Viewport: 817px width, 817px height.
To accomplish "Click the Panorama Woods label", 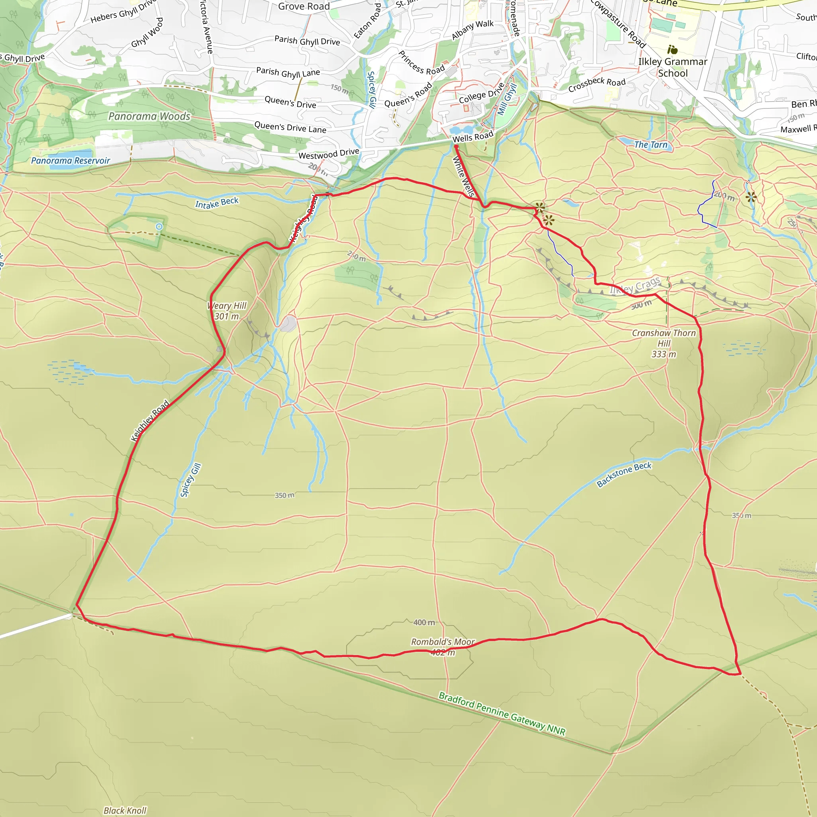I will coord(149,116).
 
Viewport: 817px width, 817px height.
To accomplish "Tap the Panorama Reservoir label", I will coord(71,161).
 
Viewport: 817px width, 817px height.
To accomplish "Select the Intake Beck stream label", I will coord(217,203).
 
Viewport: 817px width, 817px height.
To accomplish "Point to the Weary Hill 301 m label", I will coord(227,311).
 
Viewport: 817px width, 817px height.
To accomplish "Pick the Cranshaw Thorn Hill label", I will coord(663,343).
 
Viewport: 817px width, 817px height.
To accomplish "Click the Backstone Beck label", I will coord(624,474).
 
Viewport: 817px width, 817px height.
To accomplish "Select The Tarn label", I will coord(651,145).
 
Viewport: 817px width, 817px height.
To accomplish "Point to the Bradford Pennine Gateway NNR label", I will coord(502,713).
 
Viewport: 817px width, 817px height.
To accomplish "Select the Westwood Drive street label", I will coord(329,154).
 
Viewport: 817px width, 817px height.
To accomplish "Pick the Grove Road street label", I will coord(304,6).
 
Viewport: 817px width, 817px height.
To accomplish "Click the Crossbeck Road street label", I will coord(597,85).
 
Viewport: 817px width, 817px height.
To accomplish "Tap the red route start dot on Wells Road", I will coord(456,147).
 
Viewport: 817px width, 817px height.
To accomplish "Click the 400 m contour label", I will coord(424,622).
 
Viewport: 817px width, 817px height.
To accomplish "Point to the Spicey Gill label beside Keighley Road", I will coord(191,480).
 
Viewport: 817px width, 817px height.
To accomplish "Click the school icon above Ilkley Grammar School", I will coord(672,50).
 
